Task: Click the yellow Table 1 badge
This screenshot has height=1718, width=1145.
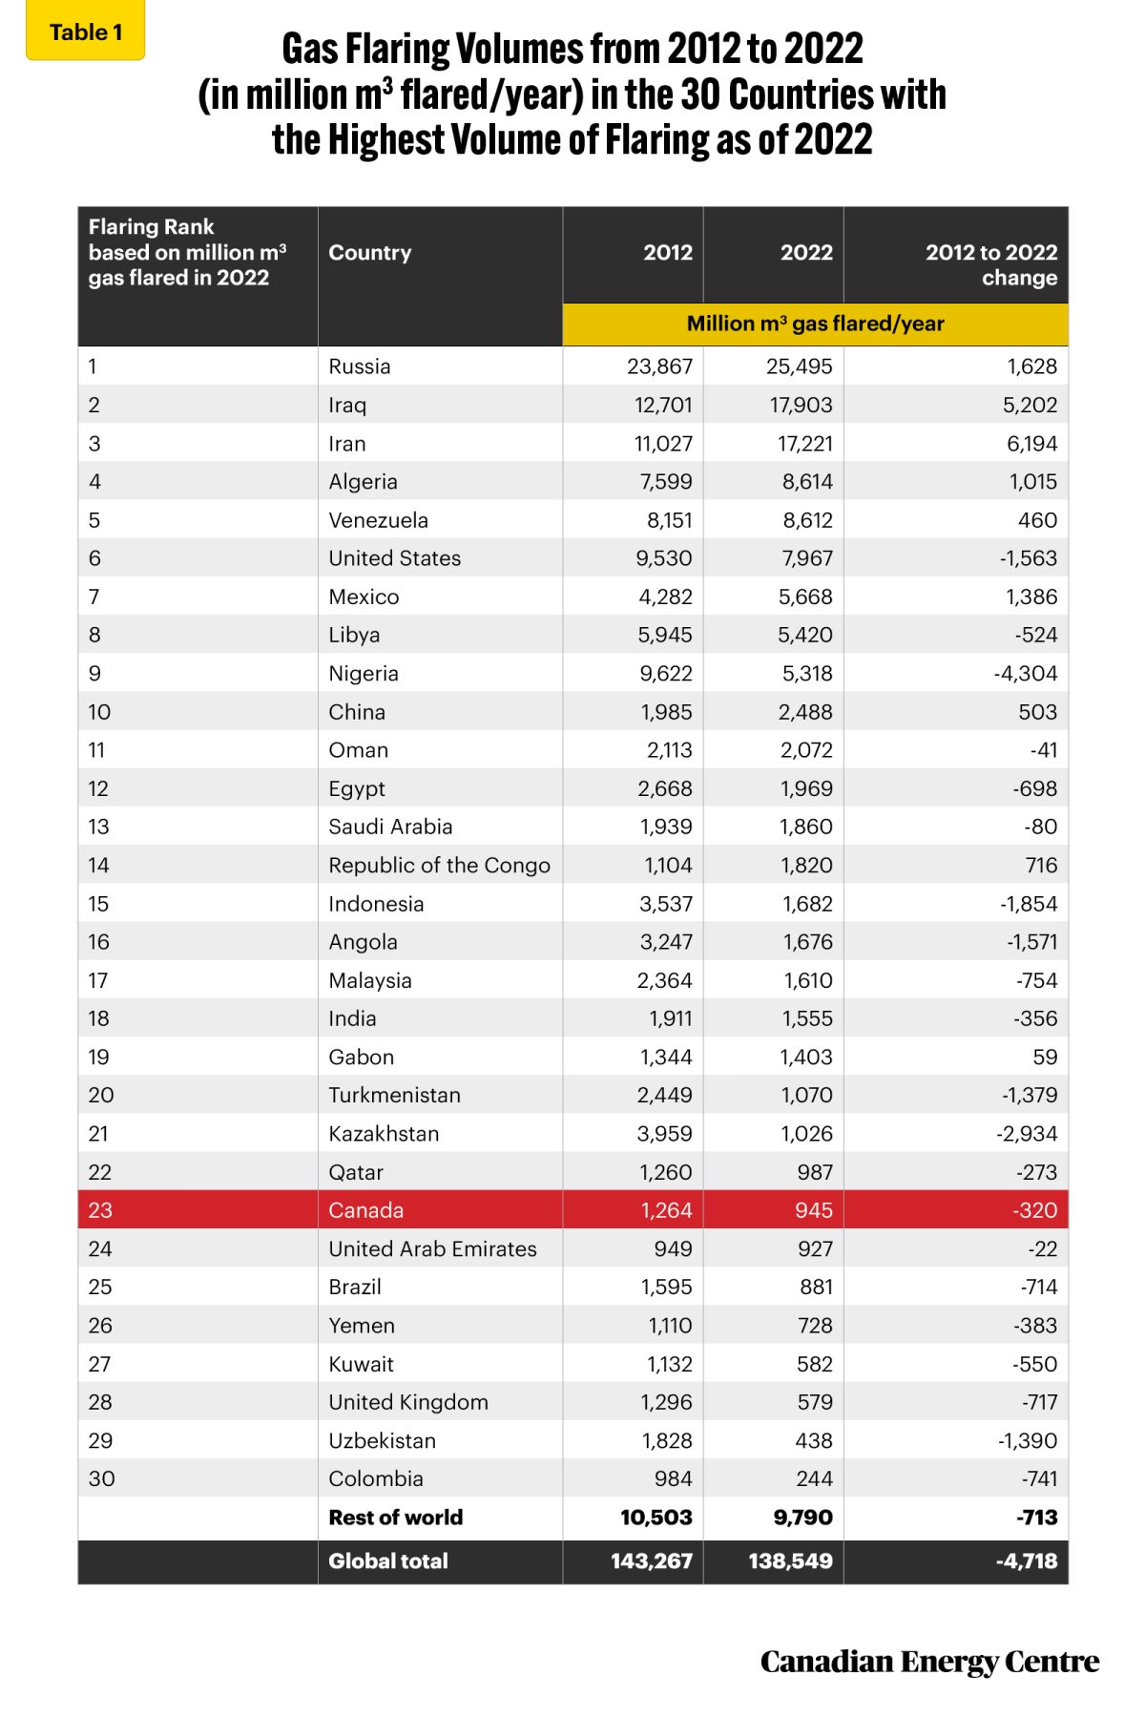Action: (85, 32)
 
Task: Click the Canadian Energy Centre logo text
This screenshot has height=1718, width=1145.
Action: (929, 1662)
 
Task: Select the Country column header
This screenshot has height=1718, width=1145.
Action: (370, 253)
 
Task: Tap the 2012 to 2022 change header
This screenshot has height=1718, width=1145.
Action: (990, 264)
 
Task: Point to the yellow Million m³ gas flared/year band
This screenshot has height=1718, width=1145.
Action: (815, 324)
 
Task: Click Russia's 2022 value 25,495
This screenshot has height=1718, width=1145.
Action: (800, 367)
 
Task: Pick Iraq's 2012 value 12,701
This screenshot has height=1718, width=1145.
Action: (663, 405)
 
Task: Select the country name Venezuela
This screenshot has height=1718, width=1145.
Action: (379, 520)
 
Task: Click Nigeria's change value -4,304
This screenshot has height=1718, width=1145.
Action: (1026, 674)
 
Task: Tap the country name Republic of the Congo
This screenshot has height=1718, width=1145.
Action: (439, 866)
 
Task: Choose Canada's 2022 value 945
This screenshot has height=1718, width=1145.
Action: (813, 1210)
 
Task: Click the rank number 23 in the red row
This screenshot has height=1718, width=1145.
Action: (100, 1210)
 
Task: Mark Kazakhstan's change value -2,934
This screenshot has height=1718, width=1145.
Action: (1026, 1134)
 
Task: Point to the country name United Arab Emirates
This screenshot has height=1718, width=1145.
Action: (432, 1248)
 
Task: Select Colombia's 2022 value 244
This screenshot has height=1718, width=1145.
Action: (814, 1478)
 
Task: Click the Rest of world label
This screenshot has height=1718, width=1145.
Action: (395, 1518)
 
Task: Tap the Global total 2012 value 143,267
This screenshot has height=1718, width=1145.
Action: (652, 1561)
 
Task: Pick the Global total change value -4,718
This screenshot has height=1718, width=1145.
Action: (1027, 1561)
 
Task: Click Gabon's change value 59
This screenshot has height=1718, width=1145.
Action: (1045, 1057)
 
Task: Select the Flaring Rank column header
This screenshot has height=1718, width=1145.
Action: (187, 253)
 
